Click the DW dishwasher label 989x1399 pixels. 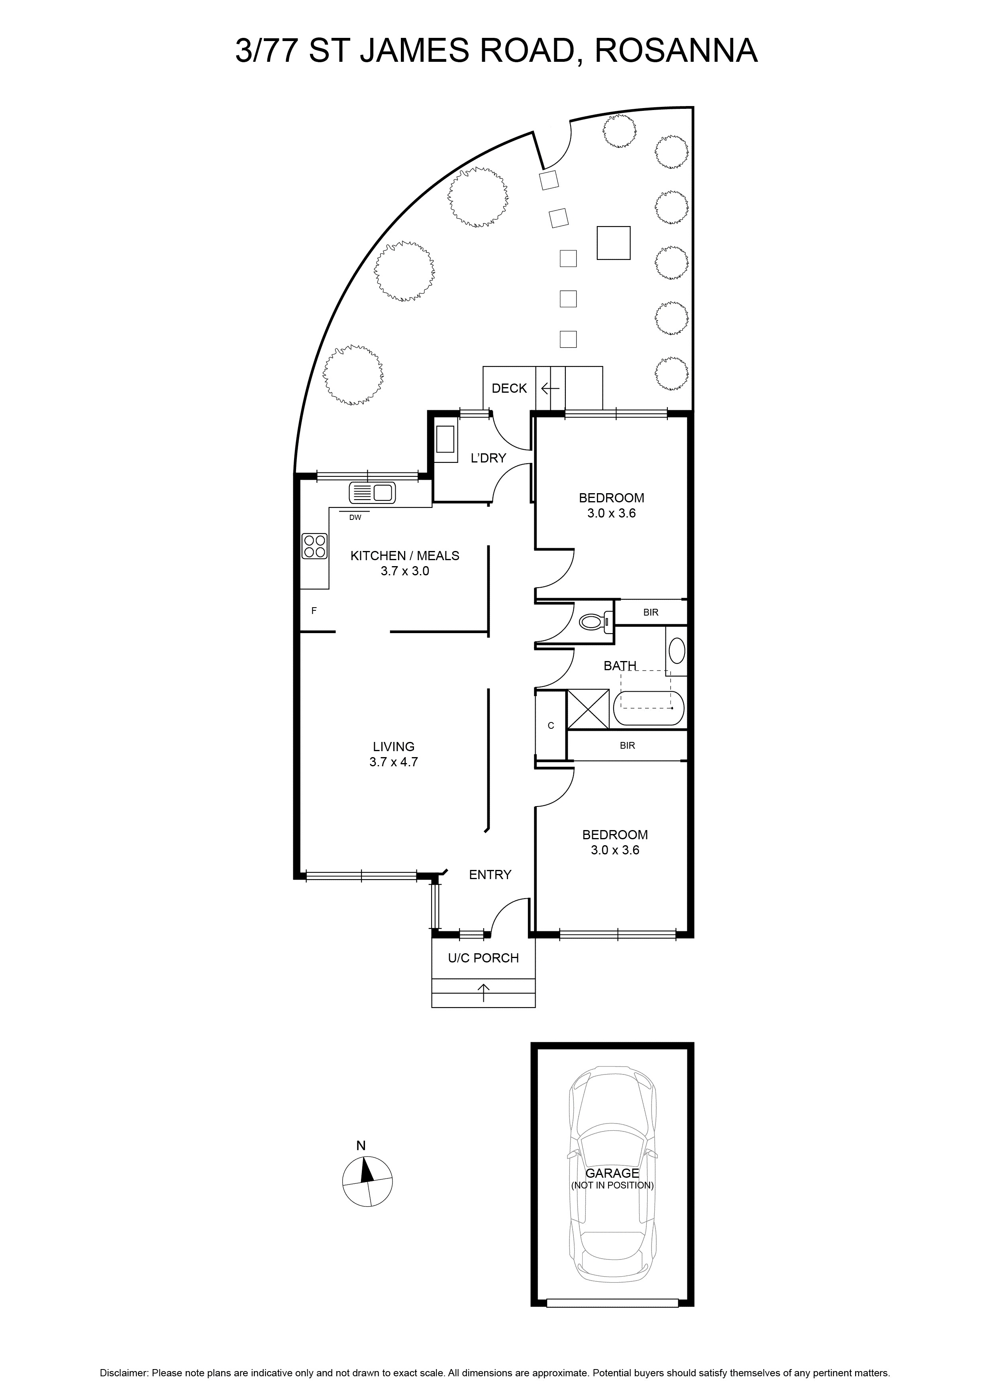coord(355,518)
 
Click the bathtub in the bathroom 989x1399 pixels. coord(649,708)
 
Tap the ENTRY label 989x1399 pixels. coord(490,875)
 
